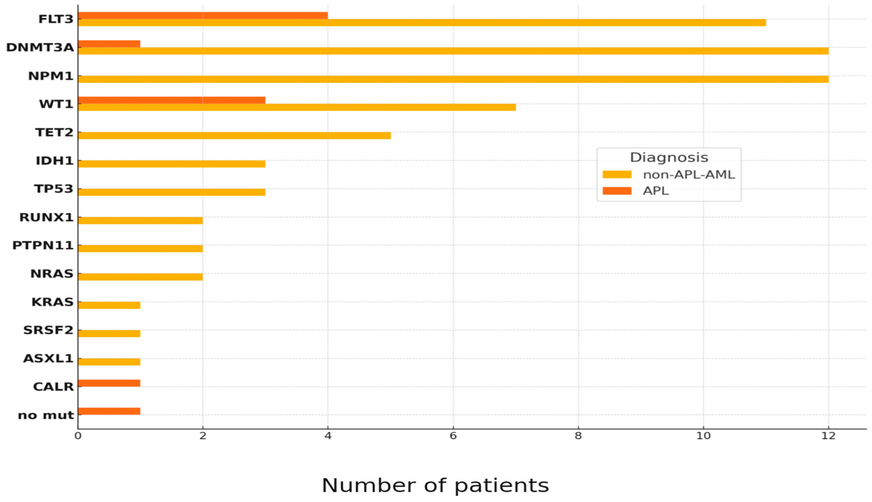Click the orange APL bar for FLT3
(202, 16)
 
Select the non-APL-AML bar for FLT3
(422, 23)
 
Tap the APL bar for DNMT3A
(109, 44)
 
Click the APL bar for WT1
(171, 100)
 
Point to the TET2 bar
(234, 136)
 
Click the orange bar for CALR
(109, 383)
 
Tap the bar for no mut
(109, 411)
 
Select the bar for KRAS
(109, 305)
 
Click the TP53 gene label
(54, 189)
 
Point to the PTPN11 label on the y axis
(43, 245)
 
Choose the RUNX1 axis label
(47, 217)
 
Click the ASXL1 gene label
(48, 359)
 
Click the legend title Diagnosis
(669, 158)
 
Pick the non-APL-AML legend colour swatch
(617, 175)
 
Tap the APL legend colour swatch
(617, 191)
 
